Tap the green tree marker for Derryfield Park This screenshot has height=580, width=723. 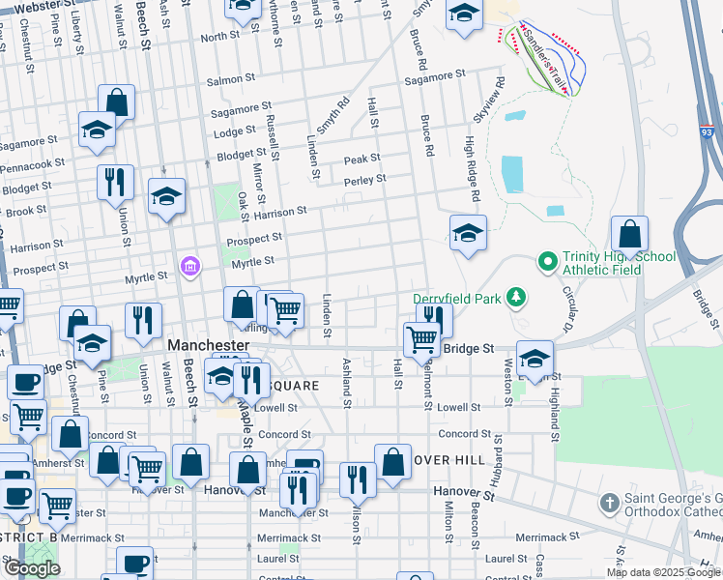click(517, 295)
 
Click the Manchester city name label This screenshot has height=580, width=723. click(208, 345)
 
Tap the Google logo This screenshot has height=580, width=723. click(32, 568)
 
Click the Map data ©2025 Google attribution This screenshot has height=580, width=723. click(664, 572)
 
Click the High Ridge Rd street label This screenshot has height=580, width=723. click(472, 168)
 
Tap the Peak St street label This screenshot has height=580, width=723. click(362, 159)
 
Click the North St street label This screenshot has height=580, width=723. click(219, 37)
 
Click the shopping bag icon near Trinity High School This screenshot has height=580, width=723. click(629, 235)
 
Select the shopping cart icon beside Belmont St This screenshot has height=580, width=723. click(421, 340)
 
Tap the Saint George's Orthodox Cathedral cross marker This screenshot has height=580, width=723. click(609, 503)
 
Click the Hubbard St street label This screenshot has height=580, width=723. click(499, 458)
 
